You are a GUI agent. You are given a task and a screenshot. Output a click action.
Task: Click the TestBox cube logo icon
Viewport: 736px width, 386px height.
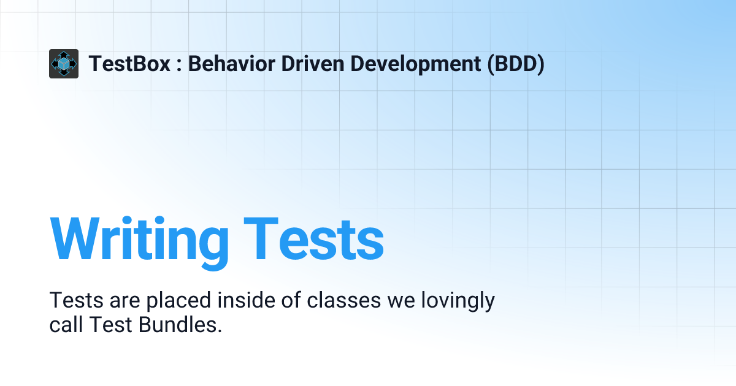[x=64, y=64]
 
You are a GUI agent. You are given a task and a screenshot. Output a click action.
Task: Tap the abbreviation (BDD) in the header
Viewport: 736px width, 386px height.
[x=516, y=64]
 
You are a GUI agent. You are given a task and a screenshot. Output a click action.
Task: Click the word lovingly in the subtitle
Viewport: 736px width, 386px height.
[x=456, y=301]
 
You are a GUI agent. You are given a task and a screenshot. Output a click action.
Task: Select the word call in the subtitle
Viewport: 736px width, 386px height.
[x=66, y=325]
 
